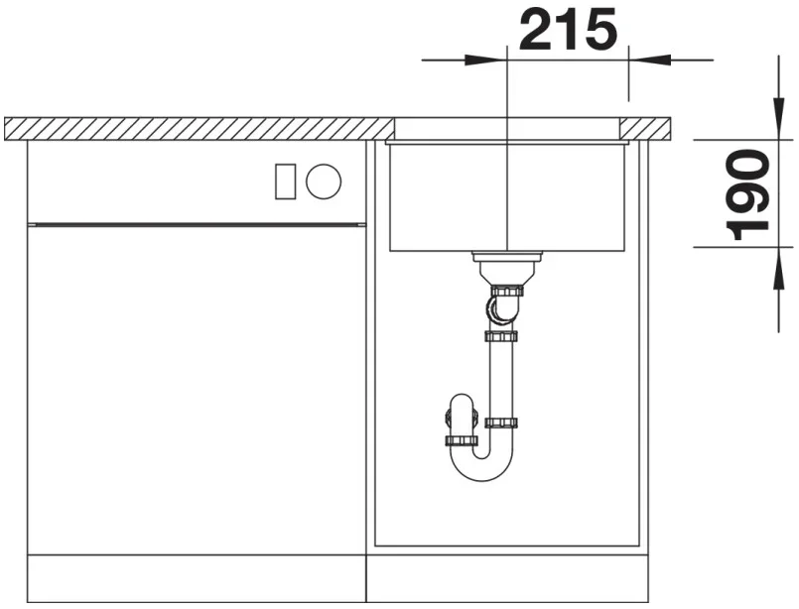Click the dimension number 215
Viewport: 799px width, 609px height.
(568, 30)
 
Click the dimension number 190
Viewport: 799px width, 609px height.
(748, 195)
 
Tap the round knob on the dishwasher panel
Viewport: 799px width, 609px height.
(324, 182)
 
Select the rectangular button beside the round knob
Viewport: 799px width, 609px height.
(286, 182)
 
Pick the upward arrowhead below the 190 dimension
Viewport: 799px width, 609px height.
(778, 269)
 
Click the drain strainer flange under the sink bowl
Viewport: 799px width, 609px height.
(507, 257)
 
